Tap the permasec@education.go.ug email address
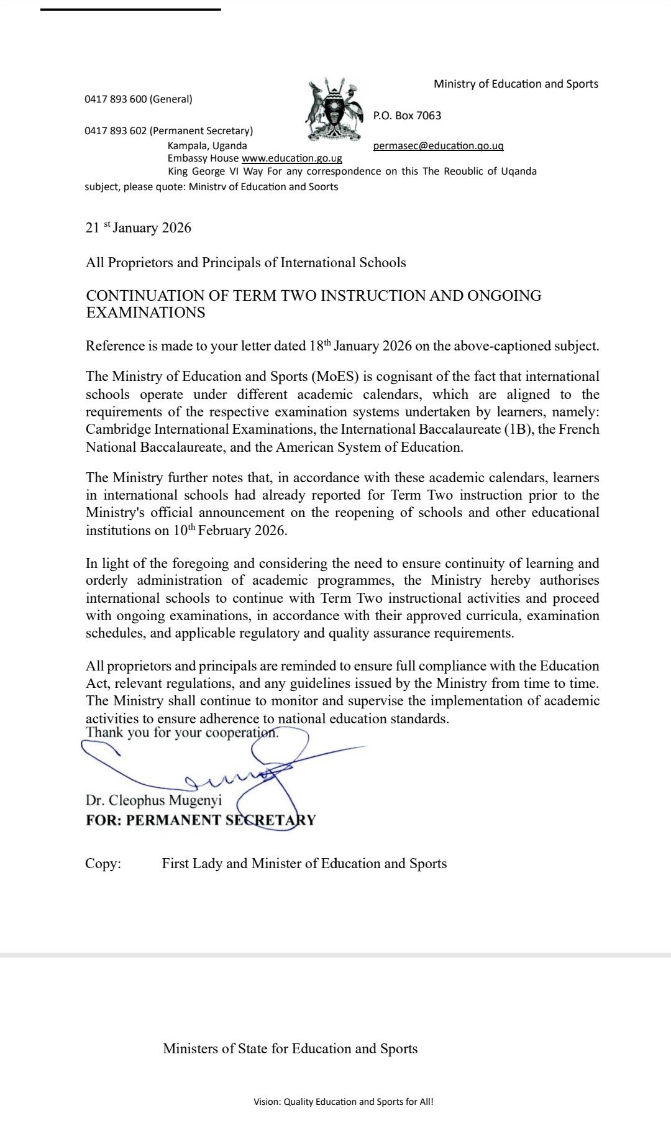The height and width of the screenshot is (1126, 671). pyautogui.click(x=438, y=146)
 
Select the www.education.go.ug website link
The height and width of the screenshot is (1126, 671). pyautogui.click(x=291, y=158)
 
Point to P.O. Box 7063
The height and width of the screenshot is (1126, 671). pyautogui.click(x=407, y=116)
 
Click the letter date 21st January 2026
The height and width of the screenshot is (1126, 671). pyautogui.click(x=138, y=227)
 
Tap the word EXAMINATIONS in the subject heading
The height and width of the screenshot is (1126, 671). pyautogui.click(x=145, y=313)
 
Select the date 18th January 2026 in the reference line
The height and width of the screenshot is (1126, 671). pyautogui.click(x=360, y=346)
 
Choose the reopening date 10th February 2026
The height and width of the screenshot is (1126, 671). pyautogui.click(x=230, y=530)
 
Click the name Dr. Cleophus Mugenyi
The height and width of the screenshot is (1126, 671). pyautogui.click(x=153, y=800)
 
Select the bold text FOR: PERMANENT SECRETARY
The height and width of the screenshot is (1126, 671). pyautogui.click(x=201, y=820)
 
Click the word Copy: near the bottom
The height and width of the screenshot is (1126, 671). pyautogui.click(x=103, y=864)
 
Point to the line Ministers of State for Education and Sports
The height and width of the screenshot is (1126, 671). pyautogui.click(x=290, y=1049)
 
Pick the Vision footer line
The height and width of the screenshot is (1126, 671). pyautogui.click(x=343, y=1102)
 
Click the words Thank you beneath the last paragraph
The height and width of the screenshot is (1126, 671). pyautogui.click(x=104, y=733)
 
